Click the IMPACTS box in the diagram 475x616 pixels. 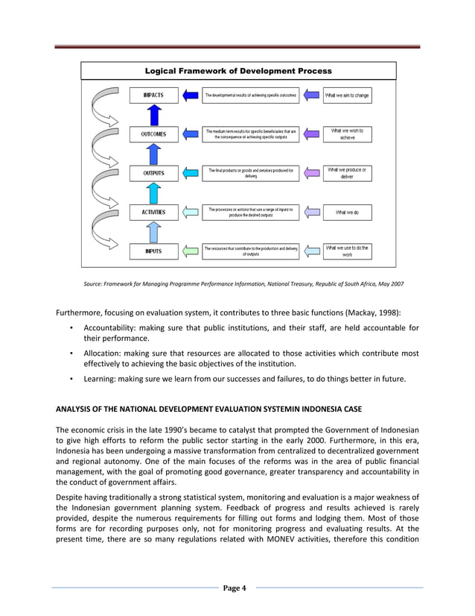point(154,96)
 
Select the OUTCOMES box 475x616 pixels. point(154,135)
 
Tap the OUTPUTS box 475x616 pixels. point(154,173)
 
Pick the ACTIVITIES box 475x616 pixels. point(154,213)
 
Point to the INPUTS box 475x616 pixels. point(154,251)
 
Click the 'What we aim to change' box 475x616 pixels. point(347,96)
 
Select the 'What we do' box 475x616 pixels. point(347,213)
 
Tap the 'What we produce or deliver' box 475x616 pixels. point(347,173)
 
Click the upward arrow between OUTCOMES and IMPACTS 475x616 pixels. point(154,115)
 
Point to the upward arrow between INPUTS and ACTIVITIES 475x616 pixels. point(154,232)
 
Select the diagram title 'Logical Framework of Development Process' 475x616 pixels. point(238,72)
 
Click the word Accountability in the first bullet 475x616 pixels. point(109,328)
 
